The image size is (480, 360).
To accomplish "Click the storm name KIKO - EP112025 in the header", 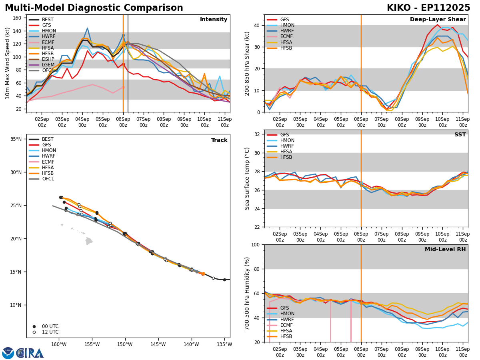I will [428, 8].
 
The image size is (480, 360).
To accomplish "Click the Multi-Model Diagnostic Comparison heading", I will [94, 8].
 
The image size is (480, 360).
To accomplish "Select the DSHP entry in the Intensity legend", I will [48, 59].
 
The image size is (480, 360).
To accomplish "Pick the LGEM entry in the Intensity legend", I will [48, 65].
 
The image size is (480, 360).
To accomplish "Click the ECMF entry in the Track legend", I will [48, 162].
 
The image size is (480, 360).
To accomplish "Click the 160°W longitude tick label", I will [58, 344].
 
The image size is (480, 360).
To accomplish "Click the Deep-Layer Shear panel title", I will [438, 20].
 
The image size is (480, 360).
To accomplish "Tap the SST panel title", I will [460, 135].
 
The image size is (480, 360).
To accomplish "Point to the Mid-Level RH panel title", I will [445, 250].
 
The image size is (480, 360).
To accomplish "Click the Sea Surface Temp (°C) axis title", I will [248, 178].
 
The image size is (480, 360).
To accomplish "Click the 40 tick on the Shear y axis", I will [256, 26].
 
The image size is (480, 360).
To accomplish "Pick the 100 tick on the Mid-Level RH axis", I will [255, 245].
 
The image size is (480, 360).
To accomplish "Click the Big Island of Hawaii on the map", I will [89, 241].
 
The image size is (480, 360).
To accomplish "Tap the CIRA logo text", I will [30, 353].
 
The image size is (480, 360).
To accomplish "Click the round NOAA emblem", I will [8, 353].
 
